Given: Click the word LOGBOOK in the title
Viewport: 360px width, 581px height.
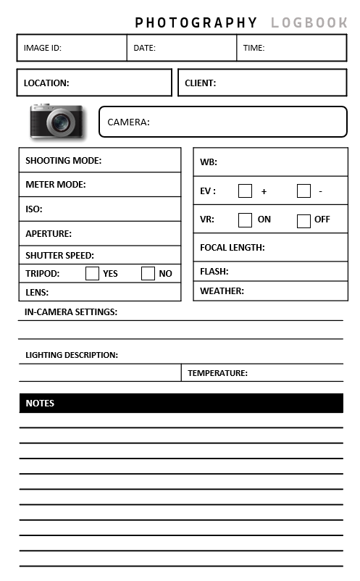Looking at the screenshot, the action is (309, 23).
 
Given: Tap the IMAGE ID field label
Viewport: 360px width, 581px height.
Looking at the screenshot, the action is (42, 49).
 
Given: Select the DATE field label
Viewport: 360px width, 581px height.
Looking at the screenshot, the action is (145, 49).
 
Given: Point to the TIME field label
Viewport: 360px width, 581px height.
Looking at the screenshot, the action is (254, 49).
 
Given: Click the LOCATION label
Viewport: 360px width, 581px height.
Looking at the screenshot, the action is (46, 83).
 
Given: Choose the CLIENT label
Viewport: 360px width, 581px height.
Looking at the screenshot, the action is (200, 83).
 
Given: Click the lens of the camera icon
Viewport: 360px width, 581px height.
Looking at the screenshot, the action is (62, 122).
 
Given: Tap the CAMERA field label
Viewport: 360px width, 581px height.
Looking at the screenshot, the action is (128, 122).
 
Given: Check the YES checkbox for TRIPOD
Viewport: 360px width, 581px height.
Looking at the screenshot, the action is (92, 273).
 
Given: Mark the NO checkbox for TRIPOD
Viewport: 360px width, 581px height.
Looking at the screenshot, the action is (148, 273).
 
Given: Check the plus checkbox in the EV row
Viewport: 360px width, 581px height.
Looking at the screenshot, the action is (246, 191).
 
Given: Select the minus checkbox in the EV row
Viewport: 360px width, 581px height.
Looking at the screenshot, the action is (304, 191).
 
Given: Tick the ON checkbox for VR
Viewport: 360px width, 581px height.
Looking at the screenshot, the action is (246, 220).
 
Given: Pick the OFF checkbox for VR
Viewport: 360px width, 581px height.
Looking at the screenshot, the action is (304, 220).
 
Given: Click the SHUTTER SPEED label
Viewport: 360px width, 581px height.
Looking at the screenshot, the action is (59, 256).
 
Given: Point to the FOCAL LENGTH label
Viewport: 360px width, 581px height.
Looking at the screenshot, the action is (232, 248).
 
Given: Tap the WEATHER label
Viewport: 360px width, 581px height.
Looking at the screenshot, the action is (222, 291).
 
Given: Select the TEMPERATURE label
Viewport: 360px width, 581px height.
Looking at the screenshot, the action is (217, 374).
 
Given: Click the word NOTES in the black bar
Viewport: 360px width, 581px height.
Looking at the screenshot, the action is (40, 404).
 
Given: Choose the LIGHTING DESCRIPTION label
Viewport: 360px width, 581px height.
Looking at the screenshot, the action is (72, 356).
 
